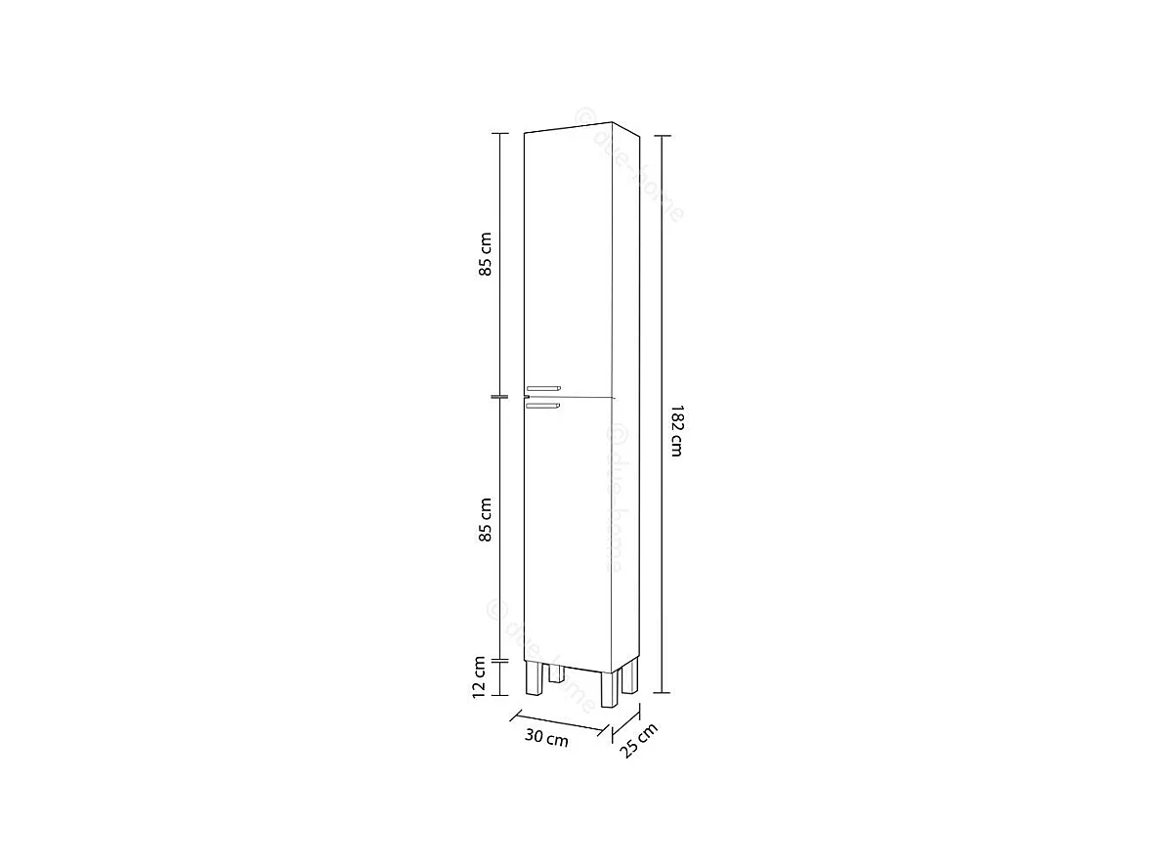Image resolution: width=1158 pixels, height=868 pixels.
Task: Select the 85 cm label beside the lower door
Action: (486, 521)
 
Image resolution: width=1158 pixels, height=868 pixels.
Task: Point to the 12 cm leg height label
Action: (480, 676)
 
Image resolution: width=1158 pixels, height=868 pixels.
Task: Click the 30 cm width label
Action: (546, 738)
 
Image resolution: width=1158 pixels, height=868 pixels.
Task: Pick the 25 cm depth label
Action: (638, 740)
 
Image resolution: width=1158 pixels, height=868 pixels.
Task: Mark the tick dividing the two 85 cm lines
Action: (498, 397)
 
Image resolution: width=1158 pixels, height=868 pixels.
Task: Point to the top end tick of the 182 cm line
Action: (663, 134)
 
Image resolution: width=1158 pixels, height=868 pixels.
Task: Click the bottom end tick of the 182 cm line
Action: (663, 691)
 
